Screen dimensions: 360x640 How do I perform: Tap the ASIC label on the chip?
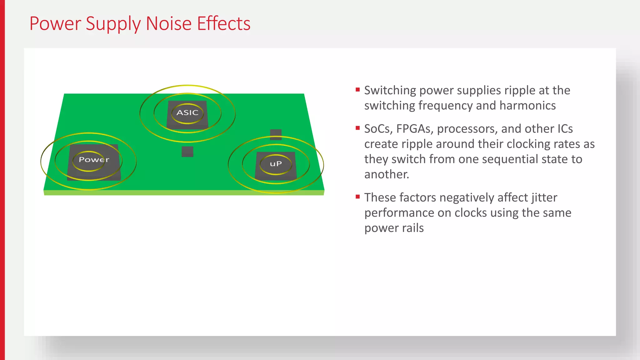point(187,112)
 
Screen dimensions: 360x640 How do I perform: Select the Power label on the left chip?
point(94,160)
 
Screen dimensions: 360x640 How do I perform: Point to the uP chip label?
point(276,164)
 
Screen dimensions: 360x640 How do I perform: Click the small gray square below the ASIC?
point(187,152)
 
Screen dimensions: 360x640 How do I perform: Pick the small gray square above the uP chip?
point(276,134)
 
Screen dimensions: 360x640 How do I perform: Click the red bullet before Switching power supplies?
point(358,90)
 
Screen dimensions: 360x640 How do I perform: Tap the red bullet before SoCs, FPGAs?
point(358,128)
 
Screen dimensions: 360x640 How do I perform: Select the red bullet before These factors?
point(358,197)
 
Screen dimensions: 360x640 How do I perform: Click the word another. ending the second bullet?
point(387,174)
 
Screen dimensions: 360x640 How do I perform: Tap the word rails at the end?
point(413,228)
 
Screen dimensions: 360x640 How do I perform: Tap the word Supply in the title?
point(113,24)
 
